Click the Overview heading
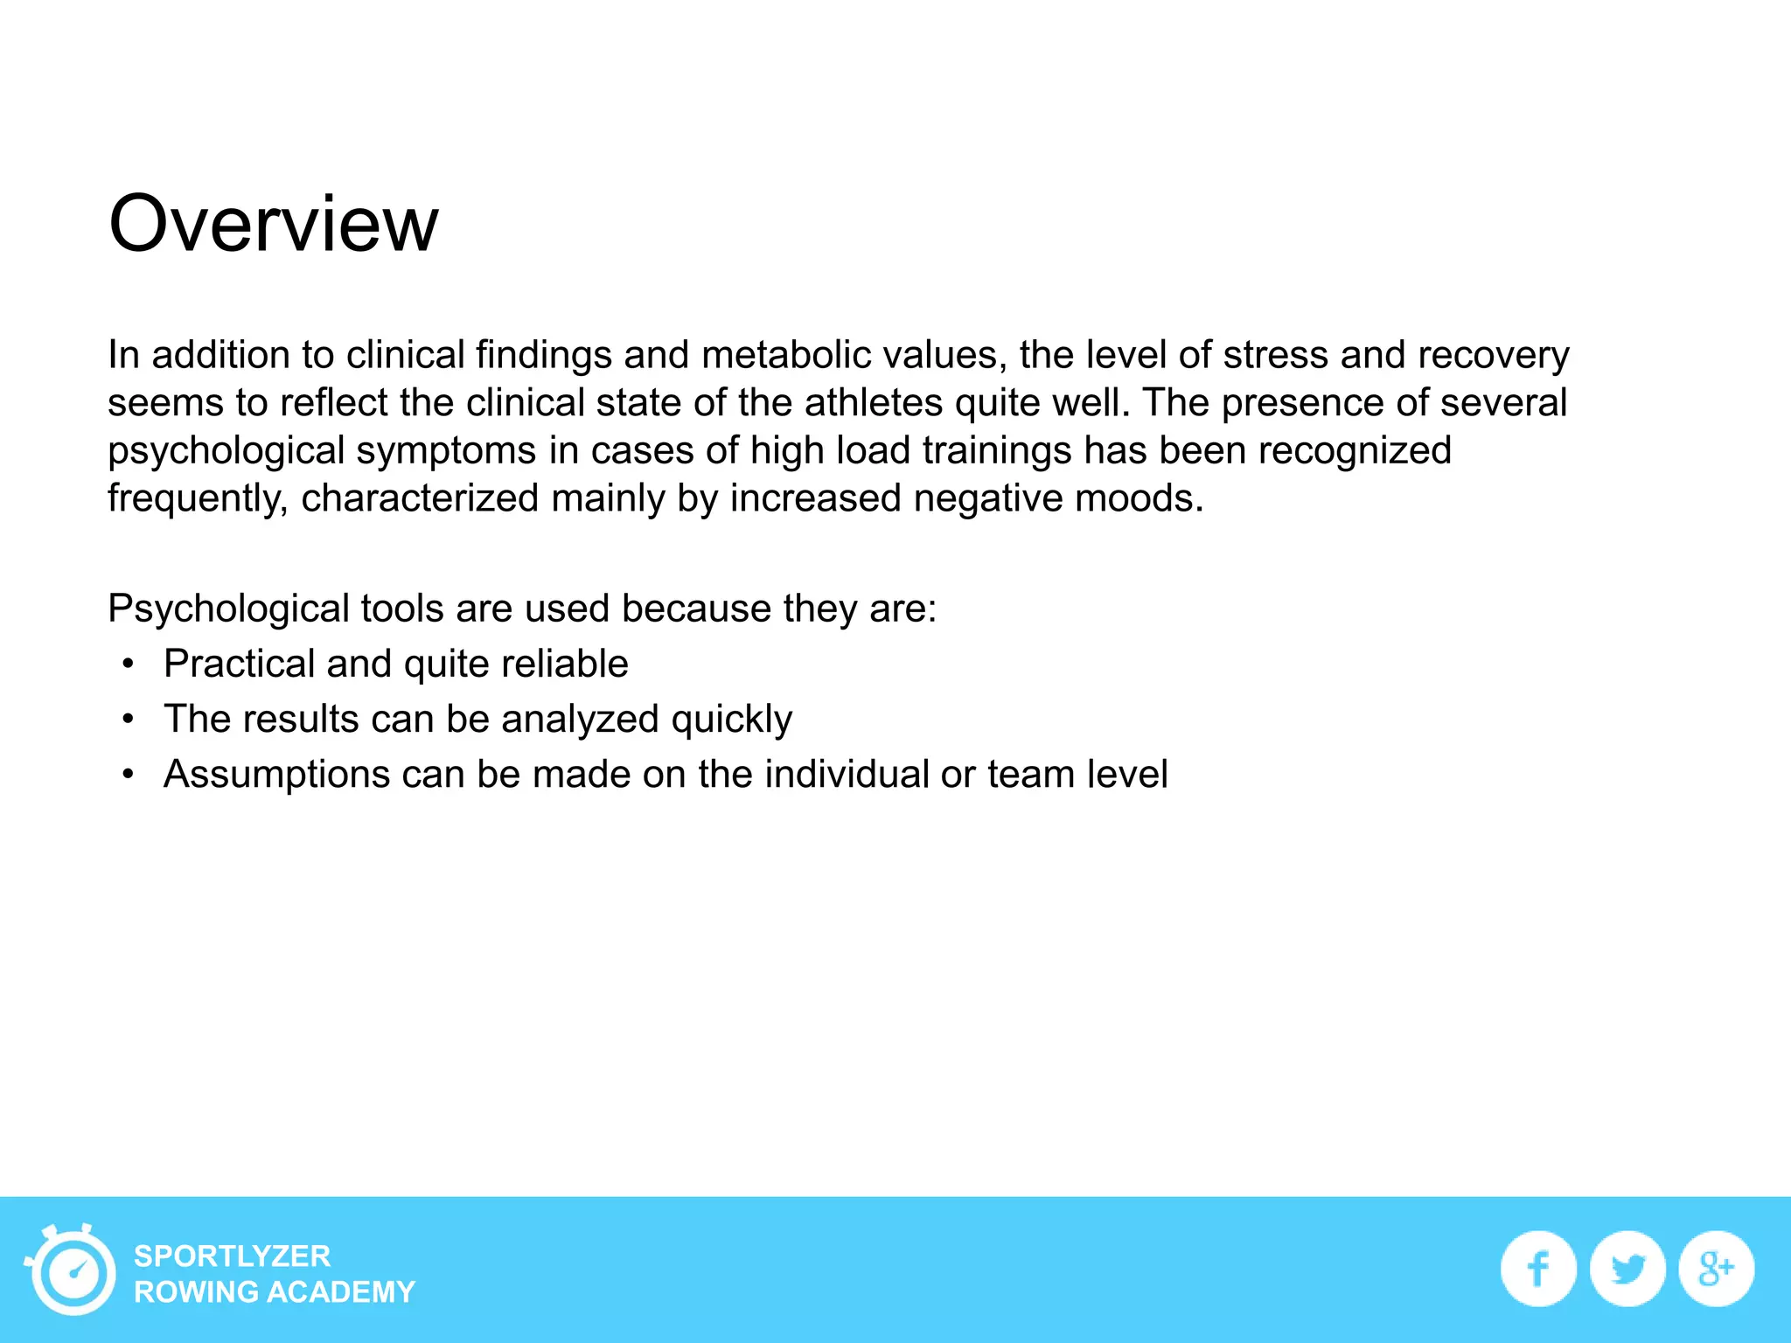pyautogui.click(x=273, y=224)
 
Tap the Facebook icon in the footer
pyautogui.click(x=1538, y=1269)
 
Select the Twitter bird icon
pyautogui.click(x=1627, y=1269)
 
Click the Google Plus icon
pyautogui.click(x=1716, y=1269)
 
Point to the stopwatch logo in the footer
pyautogui.click(x=72, y=1270)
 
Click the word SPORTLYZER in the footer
pyautogui.click(x=232, y=1256)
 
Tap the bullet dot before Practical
pyautogui.click(x=129, y=665)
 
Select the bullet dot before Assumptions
pyautogui.click(x=129, y=775)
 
